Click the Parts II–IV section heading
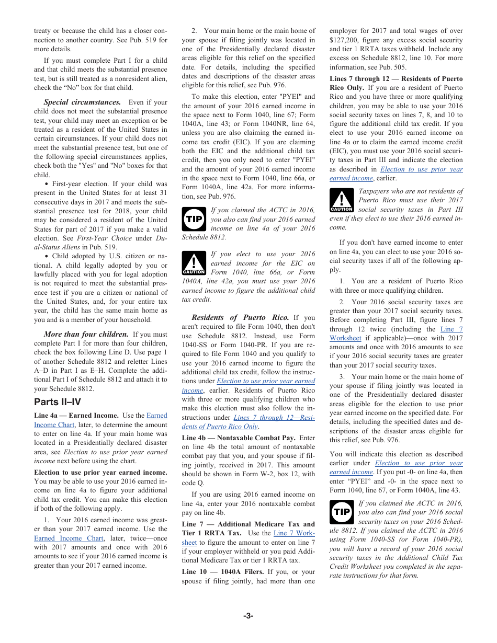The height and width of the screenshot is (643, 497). pos(58,402)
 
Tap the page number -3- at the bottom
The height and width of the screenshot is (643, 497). pos(248,616)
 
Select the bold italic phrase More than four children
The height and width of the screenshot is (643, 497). pos(86,334)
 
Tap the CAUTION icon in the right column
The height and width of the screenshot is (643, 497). pos(341,201)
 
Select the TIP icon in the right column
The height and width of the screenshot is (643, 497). pos(341,512)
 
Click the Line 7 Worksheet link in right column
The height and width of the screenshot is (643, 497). pos(451,329)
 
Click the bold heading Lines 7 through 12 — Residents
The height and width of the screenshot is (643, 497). pos(396,78)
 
